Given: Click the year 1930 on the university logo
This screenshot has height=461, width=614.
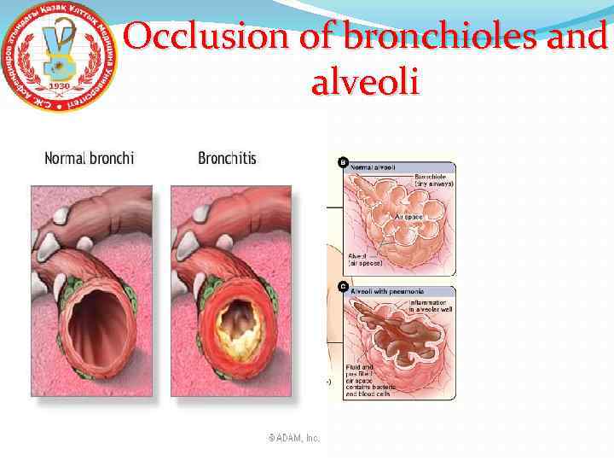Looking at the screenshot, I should pyautogui.click(x=60, y=87).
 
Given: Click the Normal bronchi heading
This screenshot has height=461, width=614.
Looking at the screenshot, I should pyautogui.click(x=89, y=158).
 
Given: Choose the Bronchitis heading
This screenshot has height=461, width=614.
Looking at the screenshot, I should pyautogui.click(x=227, y=158).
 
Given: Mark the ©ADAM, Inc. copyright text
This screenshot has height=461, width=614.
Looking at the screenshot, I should pyautogui.click(x=294, y=438).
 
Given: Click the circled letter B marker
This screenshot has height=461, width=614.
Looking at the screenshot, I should pyautogui.click(x=344, y=160).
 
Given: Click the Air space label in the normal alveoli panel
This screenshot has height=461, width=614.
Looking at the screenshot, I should pyautogui.click(x=407, y=218).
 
